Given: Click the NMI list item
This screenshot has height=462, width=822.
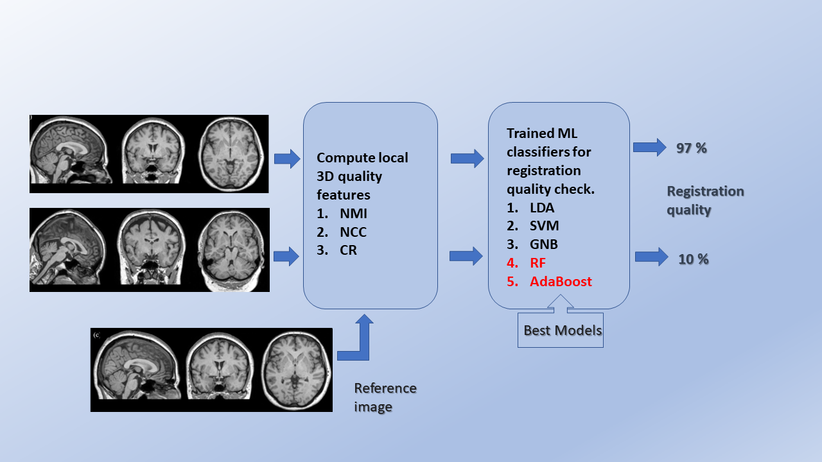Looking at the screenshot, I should pyautogui.click(x=353, y=214).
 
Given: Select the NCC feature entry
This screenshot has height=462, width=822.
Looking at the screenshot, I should pyautogui.click(x=353, y=232).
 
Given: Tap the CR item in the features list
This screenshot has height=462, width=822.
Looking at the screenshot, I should pyautogui.click(x=348, y=250).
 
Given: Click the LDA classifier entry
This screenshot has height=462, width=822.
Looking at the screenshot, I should pyautogui.click(x=542, y=207).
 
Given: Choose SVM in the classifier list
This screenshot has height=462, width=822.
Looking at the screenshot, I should pyautogui.click(x=544, y=226).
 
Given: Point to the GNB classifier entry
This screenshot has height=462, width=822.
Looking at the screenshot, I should pyautogui.click(x=544, y=244).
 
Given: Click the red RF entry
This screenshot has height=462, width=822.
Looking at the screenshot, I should pyautogui.click(x=538, y=262).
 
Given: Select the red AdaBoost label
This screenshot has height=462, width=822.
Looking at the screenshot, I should pyautogui.click(x=561, y=281).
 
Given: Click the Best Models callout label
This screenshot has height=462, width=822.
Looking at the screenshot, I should pyautogui.click(x=563, y=330).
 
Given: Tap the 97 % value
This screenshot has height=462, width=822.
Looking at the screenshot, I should pyautogui.click(x=691, y=148).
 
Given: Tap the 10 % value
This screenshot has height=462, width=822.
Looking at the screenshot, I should pyautogui.click(x=694, y=259).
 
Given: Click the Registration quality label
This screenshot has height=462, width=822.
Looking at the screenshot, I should pyautogui.click(x=704, y=200).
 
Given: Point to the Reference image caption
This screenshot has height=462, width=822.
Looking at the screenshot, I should pyautogui.click(x=385, y=397).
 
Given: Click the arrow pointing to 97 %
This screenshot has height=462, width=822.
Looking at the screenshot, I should pyautogui.click(x=649, y=148).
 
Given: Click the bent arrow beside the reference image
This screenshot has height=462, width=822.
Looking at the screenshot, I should pyautogui.click(x=355, y=340).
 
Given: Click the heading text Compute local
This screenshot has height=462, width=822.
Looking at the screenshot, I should pyautogui.click(x=362, y=158).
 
